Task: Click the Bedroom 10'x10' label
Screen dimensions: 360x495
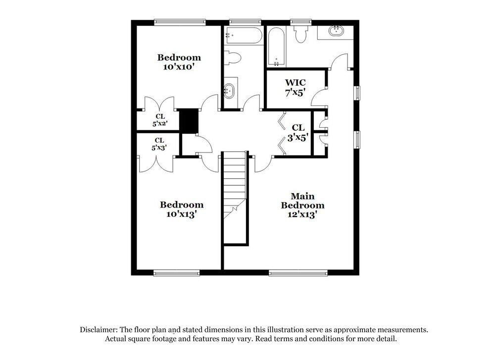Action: [179, 62]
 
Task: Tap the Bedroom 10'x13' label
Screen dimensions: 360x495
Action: [181, 209]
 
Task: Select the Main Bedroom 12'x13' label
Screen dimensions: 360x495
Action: [302, 205]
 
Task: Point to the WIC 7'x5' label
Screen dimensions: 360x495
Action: [295, 87]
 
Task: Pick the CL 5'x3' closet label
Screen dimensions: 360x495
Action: [158, 144]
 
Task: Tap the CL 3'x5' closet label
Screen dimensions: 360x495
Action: [298, 133]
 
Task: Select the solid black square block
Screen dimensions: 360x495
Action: [188, 120]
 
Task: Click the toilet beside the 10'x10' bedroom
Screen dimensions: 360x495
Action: [232, 58]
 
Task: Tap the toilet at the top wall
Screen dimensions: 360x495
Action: [300, 34]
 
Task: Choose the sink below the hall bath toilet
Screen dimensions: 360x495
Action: [229, 90]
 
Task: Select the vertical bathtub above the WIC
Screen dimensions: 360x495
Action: [276, 47]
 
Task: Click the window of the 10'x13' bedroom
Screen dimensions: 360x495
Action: [176, 272]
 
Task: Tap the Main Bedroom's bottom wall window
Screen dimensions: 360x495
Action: [298, 272]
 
